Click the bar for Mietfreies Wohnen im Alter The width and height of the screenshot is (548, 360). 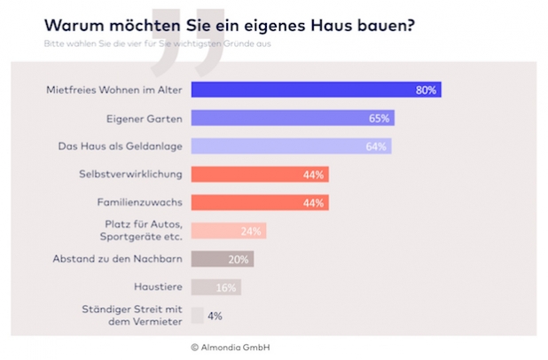point(316,90)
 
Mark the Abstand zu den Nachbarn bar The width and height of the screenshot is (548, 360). point(223,259)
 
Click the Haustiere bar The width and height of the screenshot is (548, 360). point(216,286)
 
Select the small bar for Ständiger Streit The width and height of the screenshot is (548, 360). point(197,315)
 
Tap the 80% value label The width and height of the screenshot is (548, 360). point(427,90)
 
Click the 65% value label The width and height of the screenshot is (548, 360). point(380,118)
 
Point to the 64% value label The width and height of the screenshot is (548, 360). point(377,146)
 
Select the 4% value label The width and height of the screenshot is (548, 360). point(215,315)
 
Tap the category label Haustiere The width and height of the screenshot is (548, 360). point(160,286)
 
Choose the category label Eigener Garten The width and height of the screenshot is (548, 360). point(150,118)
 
